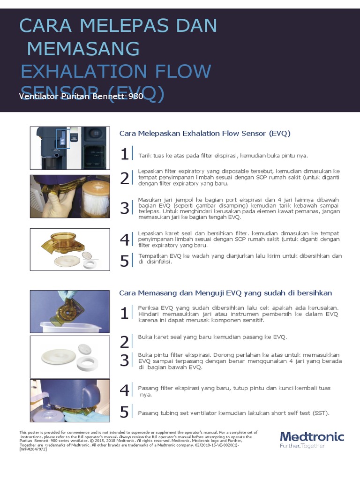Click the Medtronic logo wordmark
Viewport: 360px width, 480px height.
click(312, 437)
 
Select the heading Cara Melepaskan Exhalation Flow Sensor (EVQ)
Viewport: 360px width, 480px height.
click(205, 134)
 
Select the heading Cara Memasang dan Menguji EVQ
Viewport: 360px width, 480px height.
click(225, 293)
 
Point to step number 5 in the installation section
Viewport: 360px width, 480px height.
click(124, 412)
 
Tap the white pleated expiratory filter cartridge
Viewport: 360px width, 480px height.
click(95, 197)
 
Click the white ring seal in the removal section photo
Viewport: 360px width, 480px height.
click(90, 263)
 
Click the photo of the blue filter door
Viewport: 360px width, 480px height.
click(70, 401)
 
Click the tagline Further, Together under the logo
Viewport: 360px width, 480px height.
click(302, 446)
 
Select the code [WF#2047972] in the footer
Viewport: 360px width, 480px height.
click(33, 449)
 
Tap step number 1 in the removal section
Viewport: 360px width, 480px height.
click(124, 155)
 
